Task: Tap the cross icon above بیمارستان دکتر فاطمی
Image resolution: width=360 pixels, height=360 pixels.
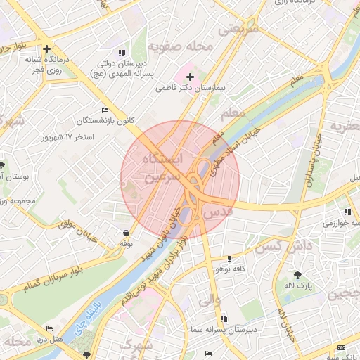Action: point(190,75)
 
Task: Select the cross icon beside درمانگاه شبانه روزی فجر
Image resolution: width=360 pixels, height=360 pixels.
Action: point(46,49)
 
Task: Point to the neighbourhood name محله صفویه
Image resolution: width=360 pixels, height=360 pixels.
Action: point(180,47)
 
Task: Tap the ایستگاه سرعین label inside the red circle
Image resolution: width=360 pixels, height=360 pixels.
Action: point(162,169)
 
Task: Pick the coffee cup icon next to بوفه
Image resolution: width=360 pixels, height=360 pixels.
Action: point(126,233)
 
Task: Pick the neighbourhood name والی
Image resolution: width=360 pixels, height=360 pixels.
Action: point(210,300)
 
